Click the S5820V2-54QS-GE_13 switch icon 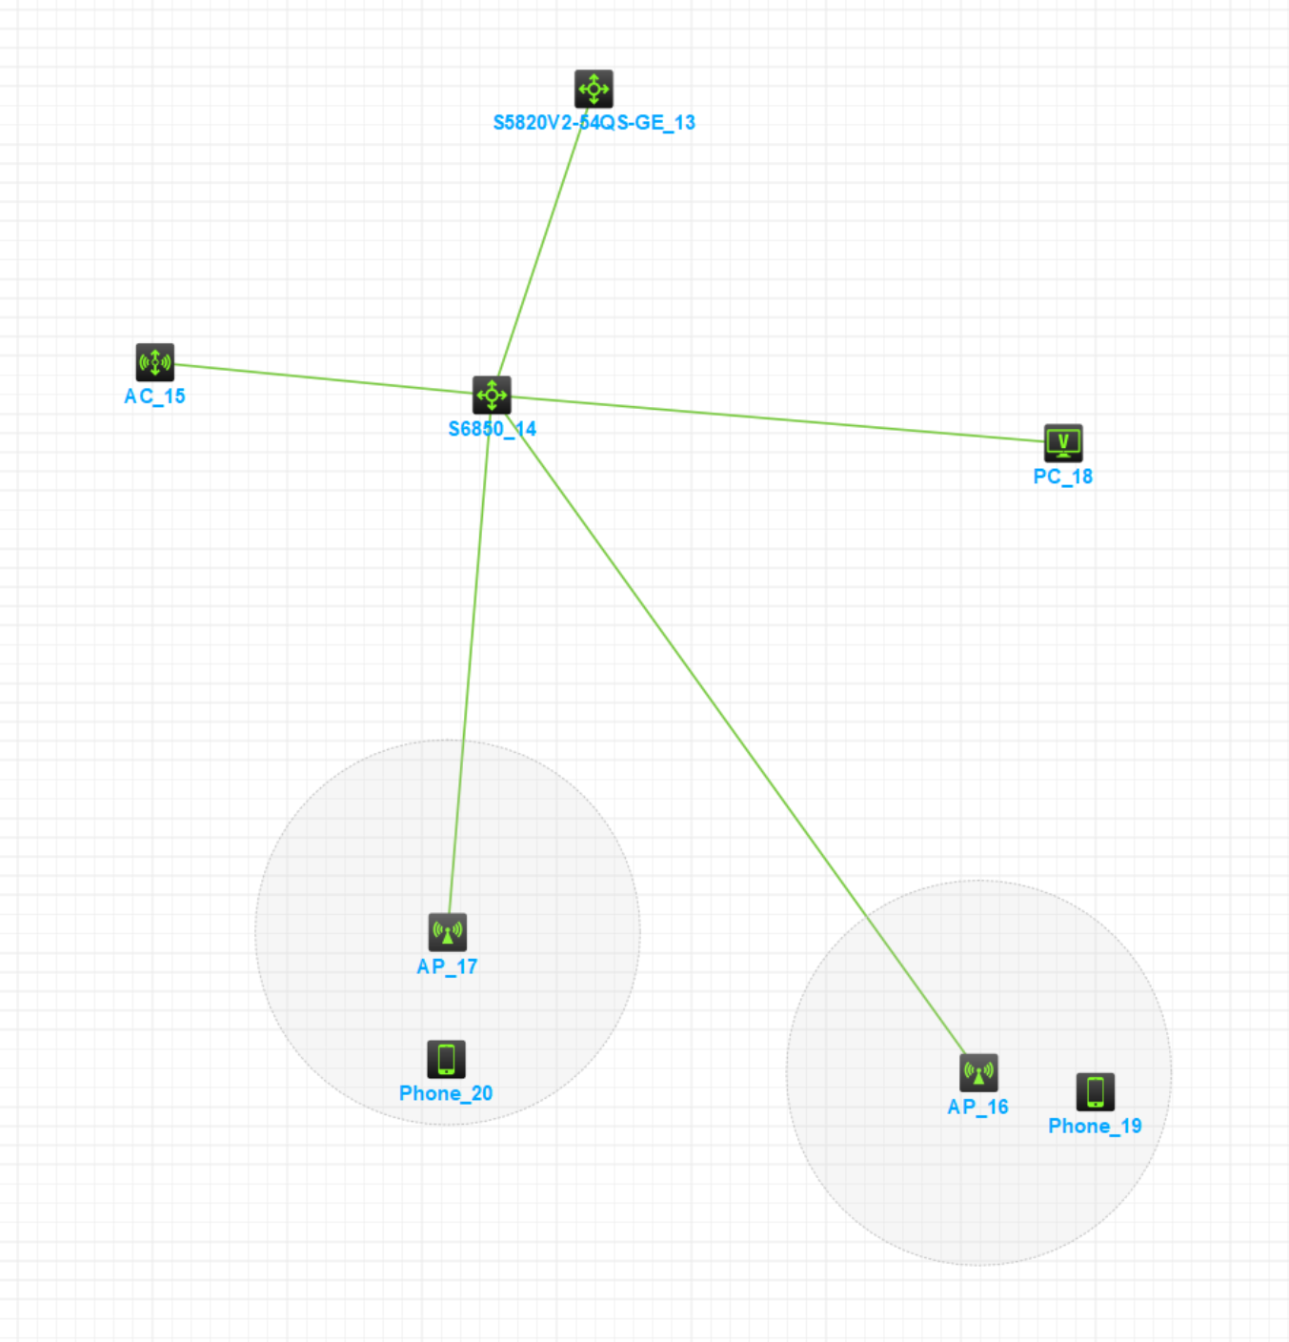tap(594, 89)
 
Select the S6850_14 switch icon tap(492, 395)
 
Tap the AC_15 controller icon tap(155, 362)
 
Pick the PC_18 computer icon tap(1063, 442)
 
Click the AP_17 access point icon tap(448, 932)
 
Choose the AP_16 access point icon tap(978, 1072)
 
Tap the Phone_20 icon tap(446, 1059)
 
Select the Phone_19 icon tap(1096, 1091)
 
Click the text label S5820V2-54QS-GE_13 tap(594, 123)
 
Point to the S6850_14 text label tap(492, 429)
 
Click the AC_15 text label tap(154, 396)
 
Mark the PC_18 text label tap(1062, 477)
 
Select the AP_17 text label tap(447, 966)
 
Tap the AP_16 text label tap(977, 1107)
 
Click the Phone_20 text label tap(446, 1093)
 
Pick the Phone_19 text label tap(1095, 1126)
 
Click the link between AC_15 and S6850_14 tap(324, 378)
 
